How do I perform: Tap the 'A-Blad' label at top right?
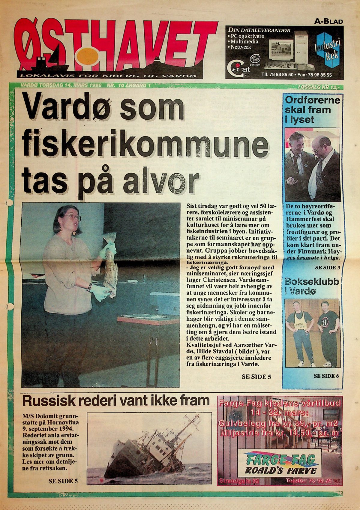(x=328, y=22)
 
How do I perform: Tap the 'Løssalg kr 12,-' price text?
(x=319, y=87)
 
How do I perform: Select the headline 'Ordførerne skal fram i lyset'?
(x=312, y=110)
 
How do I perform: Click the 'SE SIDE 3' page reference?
(x=327, y=267)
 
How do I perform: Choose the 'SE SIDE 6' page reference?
(x=326, y=376)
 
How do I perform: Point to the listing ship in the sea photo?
(x=144, y=450)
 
